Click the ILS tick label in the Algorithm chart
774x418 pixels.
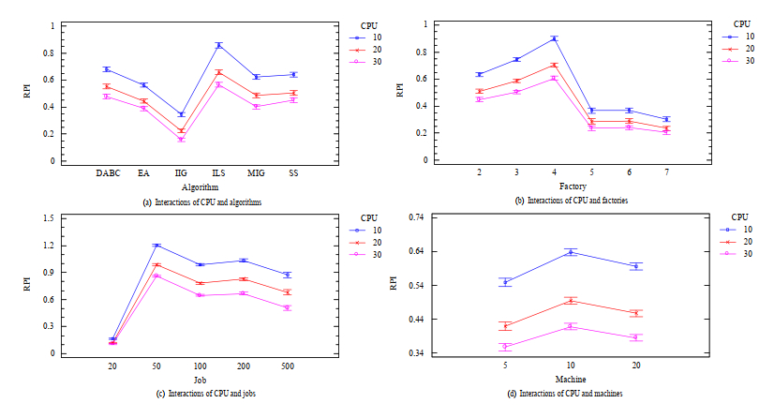(x=219, y=172)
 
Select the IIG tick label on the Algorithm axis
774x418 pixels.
(x=181, y=172)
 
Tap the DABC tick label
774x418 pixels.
(x=107, y=172)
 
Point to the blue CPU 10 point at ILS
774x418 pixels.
(x=219, y=45)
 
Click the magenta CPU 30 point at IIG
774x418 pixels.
(x=181, y=139)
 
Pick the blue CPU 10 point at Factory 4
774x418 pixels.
(x=554, y=38)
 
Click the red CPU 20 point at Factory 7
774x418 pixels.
(x=666, y=128)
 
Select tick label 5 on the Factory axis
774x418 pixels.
(x=591, y=172)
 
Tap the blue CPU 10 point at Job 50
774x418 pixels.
(x=156, y=246)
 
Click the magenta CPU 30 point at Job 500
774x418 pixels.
(x=288, y=307)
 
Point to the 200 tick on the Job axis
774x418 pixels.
(x=244, y=366)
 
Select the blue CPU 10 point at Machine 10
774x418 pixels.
(x=571, y=251)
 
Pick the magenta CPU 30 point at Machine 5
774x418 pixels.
(x=505, y=347)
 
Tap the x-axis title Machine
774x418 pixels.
(x=571, y=380)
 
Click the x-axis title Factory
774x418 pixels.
(x=573, y=187)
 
